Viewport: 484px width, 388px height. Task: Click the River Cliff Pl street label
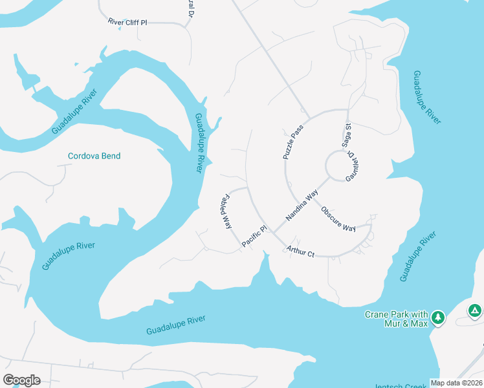click(x=127, y=22)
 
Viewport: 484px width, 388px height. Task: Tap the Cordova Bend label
click(x=94, y=156)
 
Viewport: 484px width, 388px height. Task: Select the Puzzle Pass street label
click(x=293, y=142)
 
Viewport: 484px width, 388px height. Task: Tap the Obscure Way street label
click(x=339, y=219)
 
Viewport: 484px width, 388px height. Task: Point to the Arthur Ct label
click(x=301, y=249)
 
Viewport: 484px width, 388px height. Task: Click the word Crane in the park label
click(x=377, y=314)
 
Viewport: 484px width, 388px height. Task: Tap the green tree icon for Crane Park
click(x=438, y=317)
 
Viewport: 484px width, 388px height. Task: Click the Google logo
click(x=21, y=380)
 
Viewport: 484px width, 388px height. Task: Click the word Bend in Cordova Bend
click(x=111, y=156)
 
